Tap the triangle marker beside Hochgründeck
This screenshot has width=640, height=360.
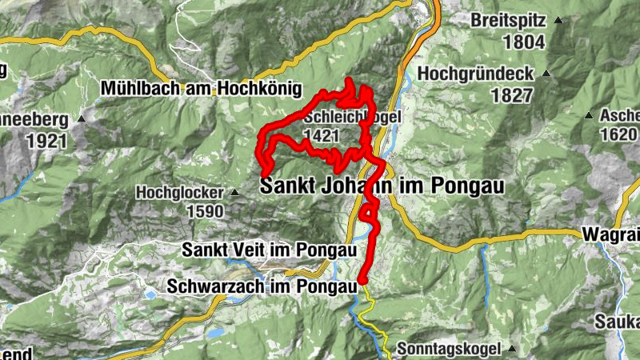click(x=546, y=73)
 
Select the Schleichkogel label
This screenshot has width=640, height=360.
click(x=352, y=117)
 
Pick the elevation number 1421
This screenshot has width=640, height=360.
click(x=322, y=137)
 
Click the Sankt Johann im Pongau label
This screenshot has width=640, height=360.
click(x=383, y=186)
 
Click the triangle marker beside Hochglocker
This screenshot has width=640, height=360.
click(x=234, y=193)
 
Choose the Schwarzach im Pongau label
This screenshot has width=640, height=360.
click(x=258, y=285)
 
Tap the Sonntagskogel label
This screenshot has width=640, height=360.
click(x=449, y=350)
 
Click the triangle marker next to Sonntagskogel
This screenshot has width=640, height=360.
click(x=510, y=350)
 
